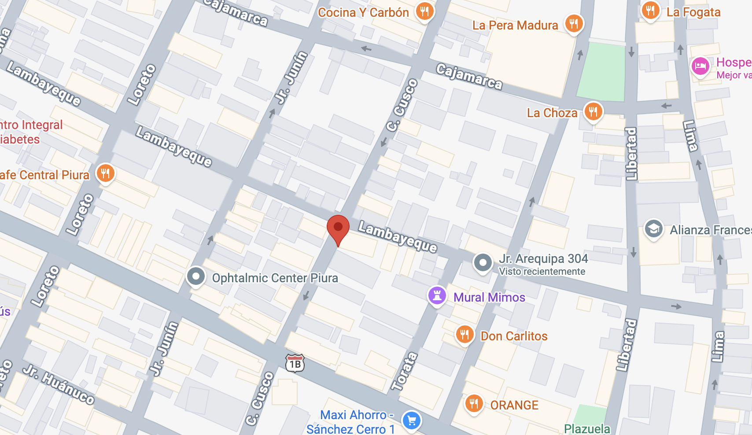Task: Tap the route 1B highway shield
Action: tap(295, 364)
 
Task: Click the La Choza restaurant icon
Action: tap(593, 111)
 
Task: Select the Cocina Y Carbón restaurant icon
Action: tap(424, 11)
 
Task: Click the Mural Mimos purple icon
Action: tap(437, 296)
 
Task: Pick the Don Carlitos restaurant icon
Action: tap(464, 335)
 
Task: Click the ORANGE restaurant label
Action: tap(514, 405)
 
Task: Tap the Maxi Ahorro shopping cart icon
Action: tap(412, 420)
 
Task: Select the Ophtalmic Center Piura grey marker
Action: tap(195, 276)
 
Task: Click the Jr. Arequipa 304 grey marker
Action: tap(483, 262)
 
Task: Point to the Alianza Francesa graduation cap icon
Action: tap(653, 229)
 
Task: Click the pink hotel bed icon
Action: tap(700, 66)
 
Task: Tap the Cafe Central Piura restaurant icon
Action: tap(105, 173)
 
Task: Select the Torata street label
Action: tap(404, 371)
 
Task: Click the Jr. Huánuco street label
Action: tap(59, 384)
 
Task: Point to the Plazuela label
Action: tap(587, 429)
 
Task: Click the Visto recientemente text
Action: tap(542, 272)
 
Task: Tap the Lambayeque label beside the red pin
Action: tap(398, 237)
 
